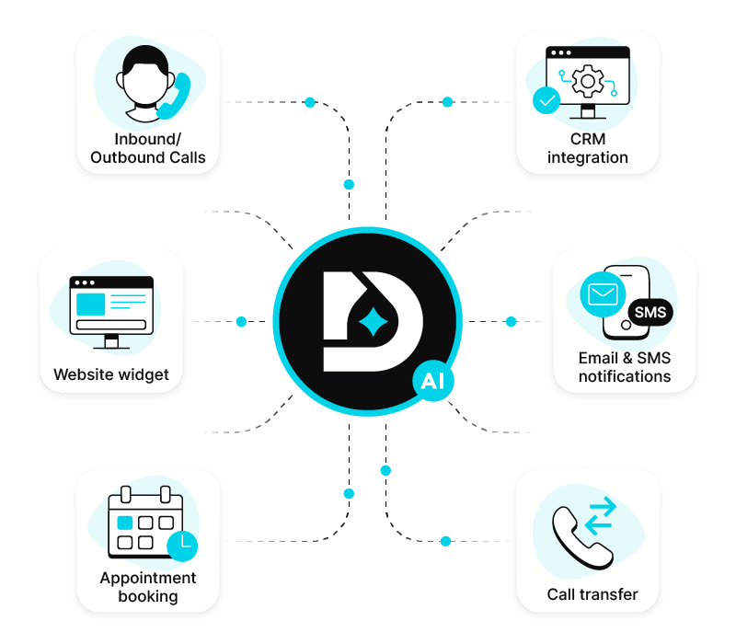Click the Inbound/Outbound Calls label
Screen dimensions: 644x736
coord(147,148)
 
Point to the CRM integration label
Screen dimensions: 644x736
coord(587,148)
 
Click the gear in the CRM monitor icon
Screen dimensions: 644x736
coord(587,82)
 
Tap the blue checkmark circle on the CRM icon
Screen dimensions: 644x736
coord(546,100)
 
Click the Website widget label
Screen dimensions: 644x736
coord(111,374)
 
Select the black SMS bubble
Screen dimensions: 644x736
coord(650,312)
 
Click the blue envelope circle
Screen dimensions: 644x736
coord(602,294)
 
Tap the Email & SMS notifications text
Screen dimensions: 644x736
coord(625,367)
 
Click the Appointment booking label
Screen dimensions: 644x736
coord(147,587)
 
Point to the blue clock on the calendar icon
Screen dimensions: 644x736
coord(182,545)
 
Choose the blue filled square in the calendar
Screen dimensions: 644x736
coord(125,523)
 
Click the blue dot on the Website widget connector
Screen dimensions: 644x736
coord(241,322)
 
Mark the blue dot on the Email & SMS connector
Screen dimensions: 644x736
coord(512,322)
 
